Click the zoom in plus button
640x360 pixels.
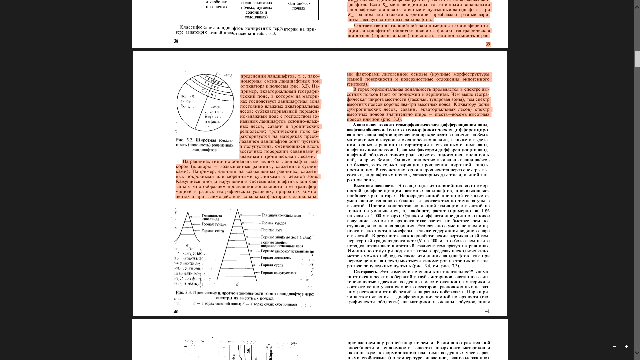pyautogui.click(x=626, y=347)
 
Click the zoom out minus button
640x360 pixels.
pyautogui.click(x=614, y=347)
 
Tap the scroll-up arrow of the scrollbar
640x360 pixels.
pyautogui.click(x=637, y=6)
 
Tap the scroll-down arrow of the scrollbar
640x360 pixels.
pyautogui.click(x=637, y=353)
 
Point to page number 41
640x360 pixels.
pyautogui.click(x=487, y=311)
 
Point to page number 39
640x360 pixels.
pyautogui.click(x=488, y=44)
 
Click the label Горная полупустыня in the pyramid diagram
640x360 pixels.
pyautogui.click(x=278, y=273)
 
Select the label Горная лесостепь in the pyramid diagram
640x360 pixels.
pyautogui.click(x=276, y=258)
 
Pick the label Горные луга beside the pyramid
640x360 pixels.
pyautogui.click(x=272, y=230)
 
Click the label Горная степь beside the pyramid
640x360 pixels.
pyautogui.click(x=272, y=265)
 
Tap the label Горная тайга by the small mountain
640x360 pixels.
pyautogui.click(x=213, y=231)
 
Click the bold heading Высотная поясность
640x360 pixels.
pyautogui.click(x=374, y=186)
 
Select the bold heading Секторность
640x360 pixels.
pyautogui.click(x=366, y=272)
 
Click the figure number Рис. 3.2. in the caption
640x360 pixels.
pyautogui.click(x=185, y=140)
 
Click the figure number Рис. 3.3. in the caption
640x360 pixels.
pyautogui.click(x=184, y=293)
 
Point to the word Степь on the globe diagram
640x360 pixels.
pyautogui.click(x=209, y=92)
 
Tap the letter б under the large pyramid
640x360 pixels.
pyautogui.click(x=237, y=285)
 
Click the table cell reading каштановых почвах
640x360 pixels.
pyautogui.click(x=299, y=6)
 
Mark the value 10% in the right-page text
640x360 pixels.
pyautogui.click(x=485, y=211)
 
